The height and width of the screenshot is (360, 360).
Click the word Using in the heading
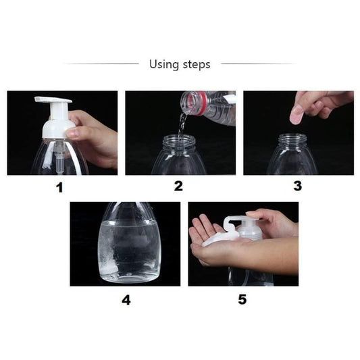click(x=163, y=64)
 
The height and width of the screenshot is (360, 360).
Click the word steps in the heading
click(x=197, y=65)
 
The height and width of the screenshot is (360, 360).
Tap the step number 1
click(x=59, y=187)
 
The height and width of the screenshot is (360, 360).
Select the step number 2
click(x=178, y=186)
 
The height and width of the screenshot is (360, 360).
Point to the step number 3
click(x=298, y=186)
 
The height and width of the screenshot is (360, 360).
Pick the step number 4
click(x=126, y=300)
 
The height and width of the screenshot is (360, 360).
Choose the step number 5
click(x=242, y=299)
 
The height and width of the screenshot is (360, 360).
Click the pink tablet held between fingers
click(x=297, y=115)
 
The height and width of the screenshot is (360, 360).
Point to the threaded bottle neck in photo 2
click(x=178, y=141)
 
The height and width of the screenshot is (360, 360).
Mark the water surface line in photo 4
click(x=130, y=222)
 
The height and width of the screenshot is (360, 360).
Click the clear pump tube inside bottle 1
click(x=60, y=156)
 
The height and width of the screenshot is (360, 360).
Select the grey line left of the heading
click(x=101, y=63)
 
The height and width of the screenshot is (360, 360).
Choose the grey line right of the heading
click(x=259, y=63)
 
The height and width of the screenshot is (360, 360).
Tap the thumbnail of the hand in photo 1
click(x=73, y=132)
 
